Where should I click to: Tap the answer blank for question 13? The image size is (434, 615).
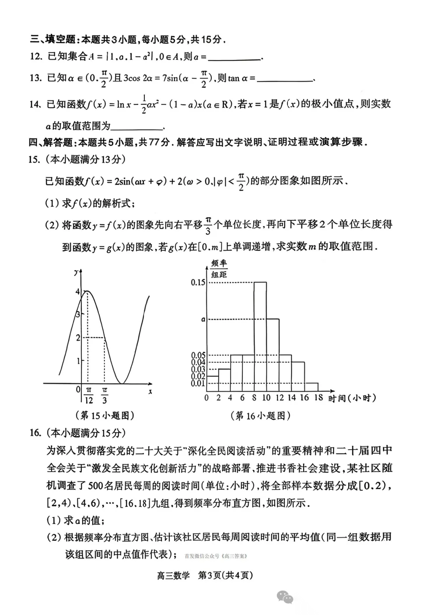click(284, 79)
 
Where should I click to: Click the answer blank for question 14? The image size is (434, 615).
click(136, 127)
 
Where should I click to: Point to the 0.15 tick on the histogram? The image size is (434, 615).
click(198, 282)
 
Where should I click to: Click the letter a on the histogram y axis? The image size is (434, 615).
click(203, 320)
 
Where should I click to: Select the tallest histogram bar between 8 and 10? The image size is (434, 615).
click(260, 336)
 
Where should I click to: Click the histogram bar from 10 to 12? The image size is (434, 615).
click(273, 355)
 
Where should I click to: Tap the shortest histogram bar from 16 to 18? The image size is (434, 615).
click(311, 387)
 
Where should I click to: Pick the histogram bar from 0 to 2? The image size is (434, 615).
click(213, 383)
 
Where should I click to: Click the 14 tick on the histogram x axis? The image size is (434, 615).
click(292, 398)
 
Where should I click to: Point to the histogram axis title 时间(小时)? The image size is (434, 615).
click(352, 398)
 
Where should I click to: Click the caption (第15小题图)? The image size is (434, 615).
click(105, 415)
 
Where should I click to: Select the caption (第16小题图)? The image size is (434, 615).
click(261, 416)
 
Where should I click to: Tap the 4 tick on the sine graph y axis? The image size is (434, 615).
click(78, 292)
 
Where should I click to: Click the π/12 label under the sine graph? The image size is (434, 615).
click(88, 396)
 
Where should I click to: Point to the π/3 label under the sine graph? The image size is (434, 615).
click(105, 396)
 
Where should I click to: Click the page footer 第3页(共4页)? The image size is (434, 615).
click(225, 576)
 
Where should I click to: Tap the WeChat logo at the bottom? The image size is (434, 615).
click(285, 597)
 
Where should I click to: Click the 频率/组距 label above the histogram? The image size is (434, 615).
click(219, 269)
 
